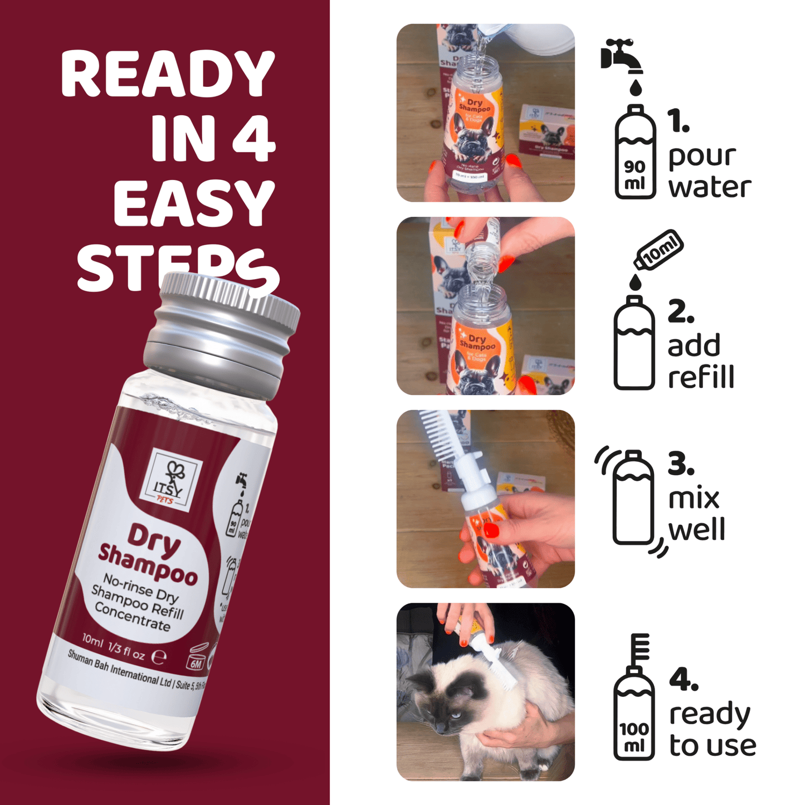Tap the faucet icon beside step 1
[622, 56]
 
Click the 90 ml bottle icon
[635, 153]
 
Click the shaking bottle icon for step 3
[633, 499]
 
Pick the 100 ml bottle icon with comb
[634, 705]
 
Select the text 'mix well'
[696, 514]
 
